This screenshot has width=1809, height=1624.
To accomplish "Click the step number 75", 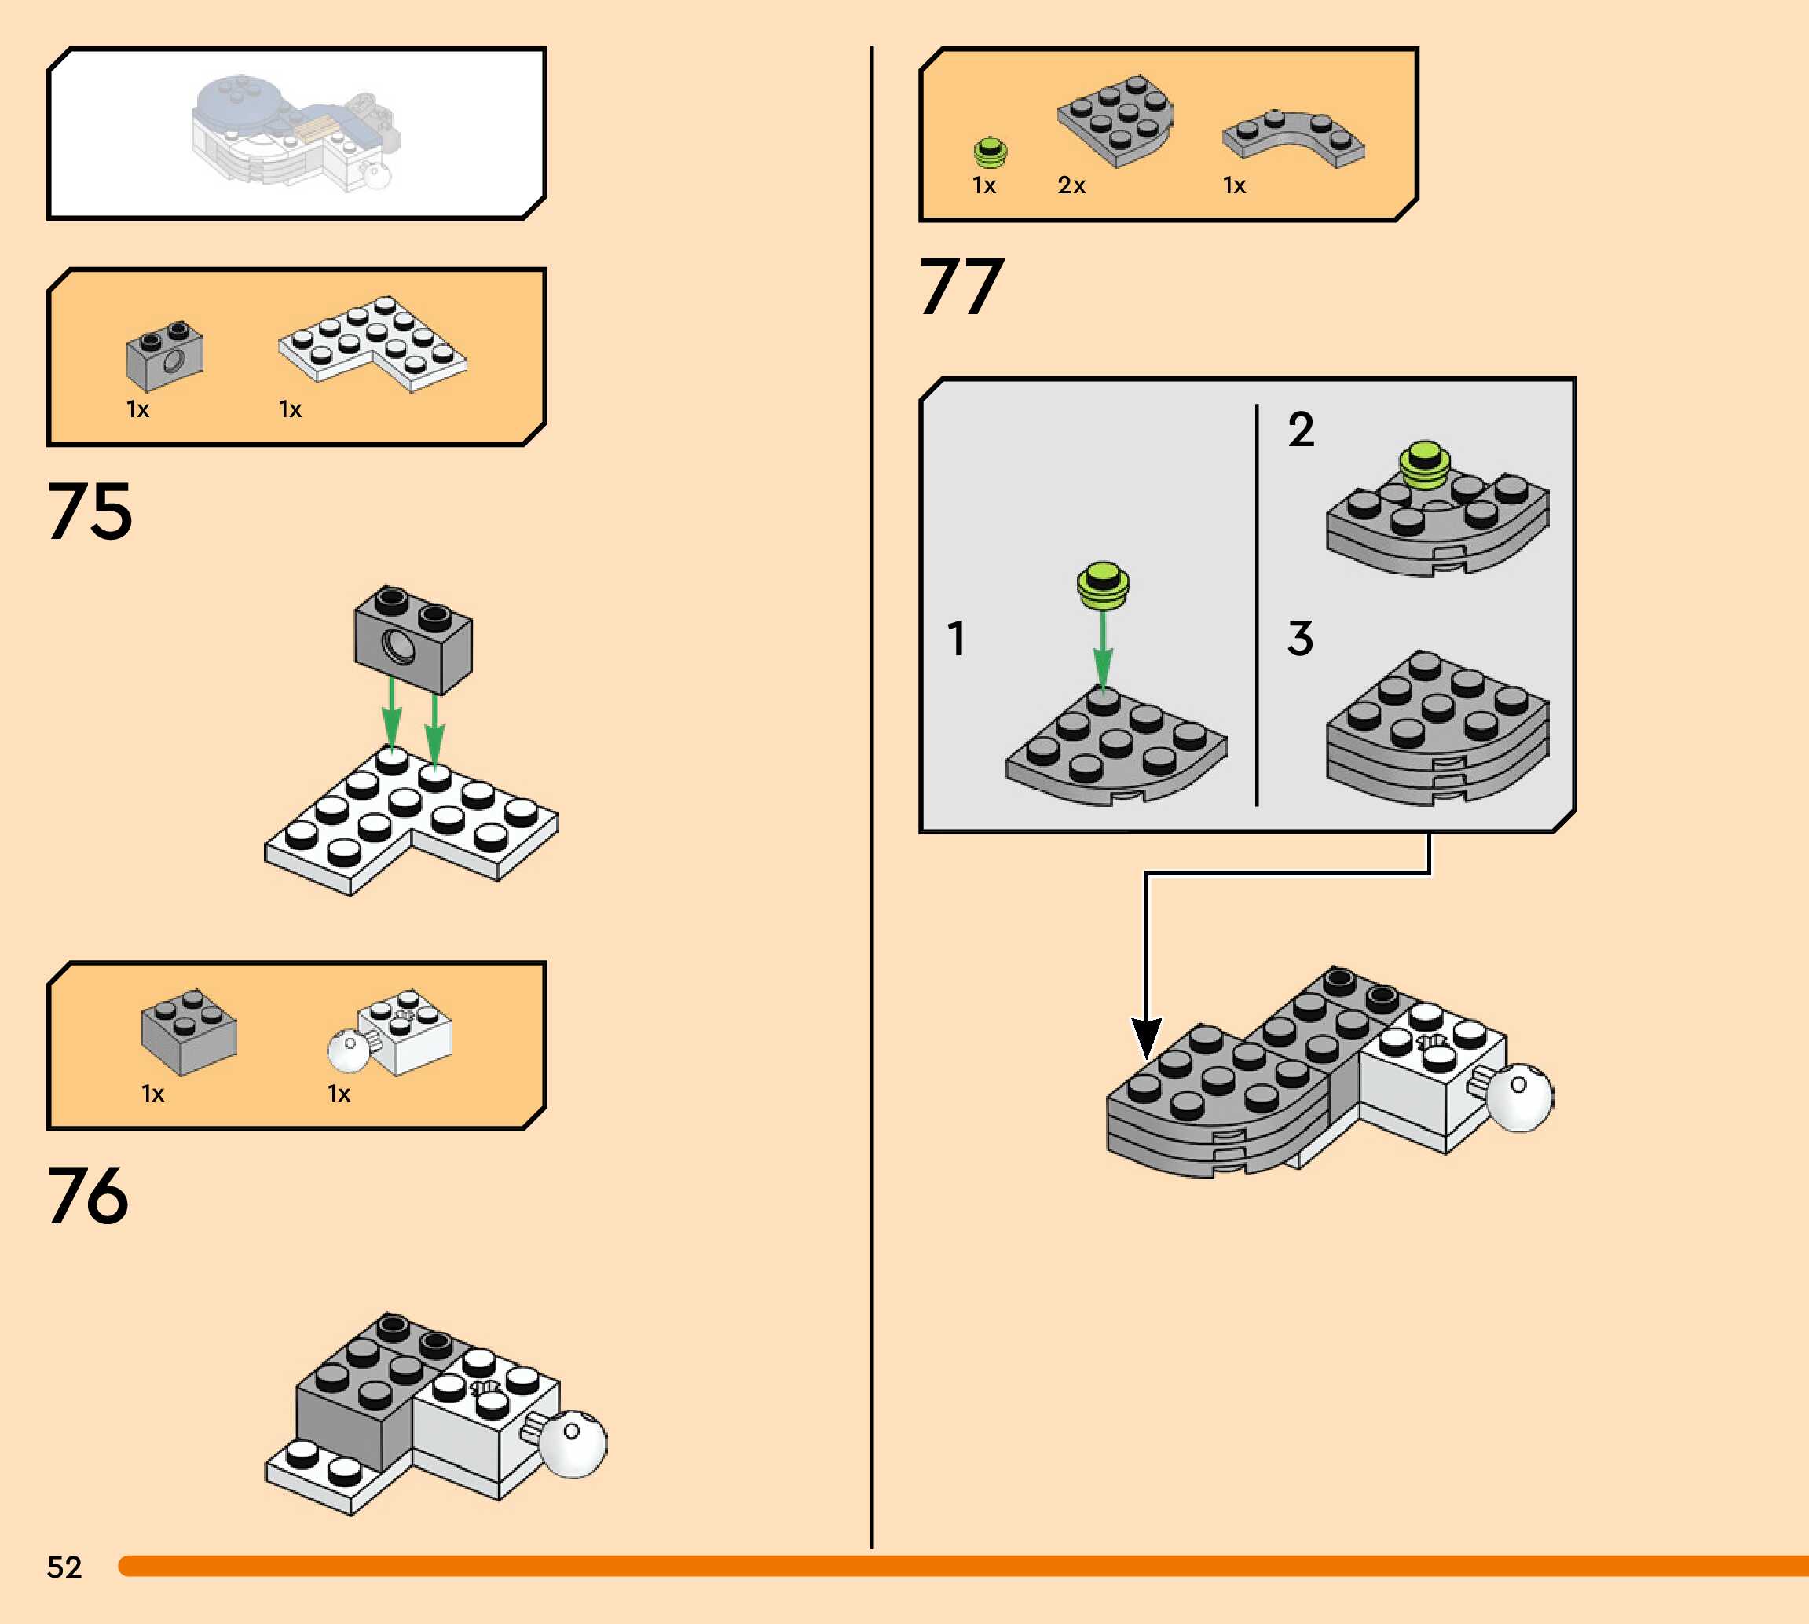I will coord(90,511).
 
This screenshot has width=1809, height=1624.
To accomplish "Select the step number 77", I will coord(961,287).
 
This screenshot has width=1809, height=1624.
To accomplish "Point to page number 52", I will coord(64,1567).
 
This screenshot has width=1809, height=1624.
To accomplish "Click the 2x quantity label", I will coord(1071,185).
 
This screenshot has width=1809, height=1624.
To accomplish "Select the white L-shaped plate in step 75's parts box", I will coord(372,343).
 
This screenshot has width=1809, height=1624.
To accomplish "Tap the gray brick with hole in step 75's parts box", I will coord(165,355).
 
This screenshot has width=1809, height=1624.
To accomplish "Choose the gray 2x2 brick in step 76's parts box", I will coord(189,1032).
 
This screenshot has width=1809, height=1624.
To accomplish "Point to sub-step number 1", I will coord(956,639).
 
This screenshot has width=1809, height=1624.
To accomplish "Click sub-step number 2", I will coord(1301,430).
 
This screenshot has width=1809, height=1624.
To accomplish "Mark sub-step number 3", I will coord(1301,639).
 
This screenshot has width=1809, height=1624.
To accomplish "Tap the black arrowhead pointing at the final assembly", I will coord(1146,1038).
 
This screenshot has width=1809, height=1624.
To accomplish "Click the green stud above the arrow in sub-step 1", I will coord(1104,585).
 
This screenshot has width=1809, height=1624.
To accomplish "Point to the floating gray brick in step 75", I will coord(413,639).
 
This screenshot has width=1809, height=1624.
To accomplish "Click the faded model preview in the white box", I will coord(295,132).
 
